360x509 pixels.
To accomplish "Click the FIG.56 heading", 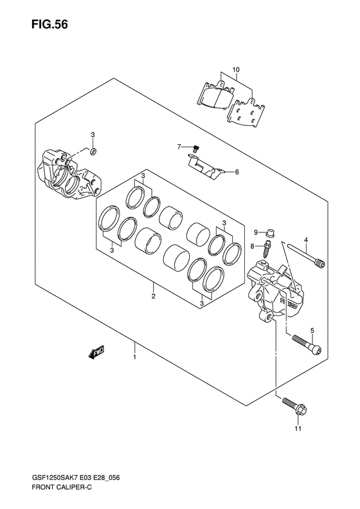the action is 50,24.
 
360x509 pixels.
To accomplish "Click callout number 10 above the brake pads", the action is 236,69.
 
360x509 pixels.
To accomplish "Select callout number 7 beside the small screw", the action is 179,147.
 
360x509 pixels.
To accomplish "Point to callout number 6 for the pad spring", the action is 237,172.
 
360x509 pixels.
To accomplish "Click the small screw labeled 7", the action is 195,149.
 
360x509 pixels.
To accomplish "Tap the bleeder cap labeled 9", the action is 269,233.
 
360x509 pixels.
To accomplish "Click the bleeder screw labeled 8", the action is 267,248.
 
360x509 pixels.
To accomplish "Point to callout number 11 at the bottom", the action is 298,429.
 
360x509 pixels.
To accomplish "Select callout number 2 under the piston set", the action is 154,296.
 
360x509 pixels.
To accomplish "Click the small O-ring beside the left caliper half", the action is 93,151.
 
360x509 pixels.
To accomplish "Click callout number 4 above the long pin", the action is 305,240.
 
